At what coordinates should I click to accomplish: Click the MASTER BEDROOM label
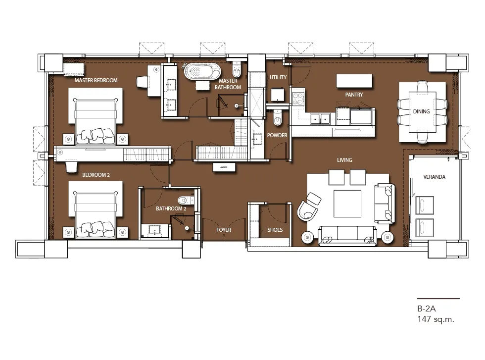click(96, 81)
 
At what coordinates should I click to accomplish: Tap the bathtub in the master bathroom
click(202, 71)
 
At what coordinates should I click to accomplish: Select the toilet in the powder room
click(278, 118)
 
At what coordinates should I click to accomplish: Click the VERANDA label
click(435, 177)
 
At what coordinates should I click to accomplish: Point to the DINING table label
click(421, 111)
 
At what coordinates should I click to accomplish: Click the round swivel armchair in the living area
click(308, 207)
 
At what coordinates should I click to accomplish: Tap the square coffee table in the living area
click(347, 204)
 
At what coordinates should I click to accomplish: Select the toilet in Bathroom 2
click(186, 199)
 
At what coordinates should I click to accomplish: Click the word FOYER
click(224, 230)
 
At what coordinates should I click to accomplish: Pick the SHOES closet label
click(275, 230)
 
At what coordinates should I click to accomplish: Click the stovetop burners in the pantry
click(298, 99)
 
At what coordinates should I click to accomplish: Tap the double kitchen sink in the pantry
click(320, 118)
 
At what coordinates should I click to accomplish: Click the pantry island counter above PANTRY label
click(354, 81)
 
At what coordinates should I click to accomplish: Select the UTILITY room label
click(278, 77)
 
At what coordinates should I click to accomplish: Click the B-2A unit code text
click(427, 309)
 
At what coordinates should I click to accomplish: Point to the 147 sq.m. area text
click(436, 319)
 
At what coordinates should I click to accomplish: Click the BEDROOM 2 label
click(96, 175)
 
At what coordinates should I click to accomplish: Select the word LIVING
click(344, 160)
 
